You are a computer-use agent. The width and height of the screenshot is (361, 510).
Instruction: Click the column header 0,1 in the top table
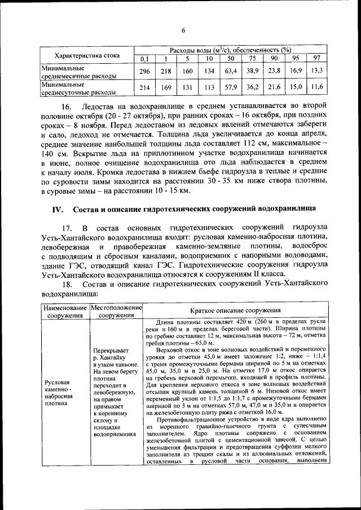point(144,59)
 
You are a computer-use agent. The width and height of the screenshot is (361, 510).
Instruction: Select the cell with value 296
point(144,71)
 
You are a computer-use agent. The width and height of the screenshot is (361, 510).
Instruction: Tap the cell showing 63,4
point(230,71)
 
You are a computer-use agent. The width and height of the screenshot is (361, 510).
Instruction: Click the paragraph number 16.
point(67,107)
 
